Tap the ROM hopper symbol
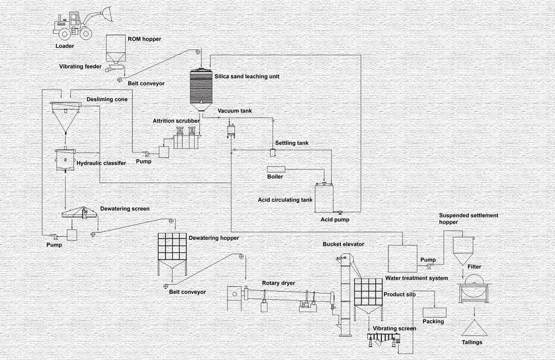(x=115, y=49)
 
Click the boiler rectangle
(x=276, y=169)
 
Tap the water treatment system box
(x=402, y=258)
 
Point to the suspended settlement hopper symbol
(x=462, y=250)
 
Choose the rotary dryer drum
(x=294, y=297)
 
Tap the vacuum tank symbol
(x=232, y=130)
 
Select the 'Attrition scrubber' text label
(x=176, y=120)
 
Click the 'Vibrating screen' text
(x=394, y=329)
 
